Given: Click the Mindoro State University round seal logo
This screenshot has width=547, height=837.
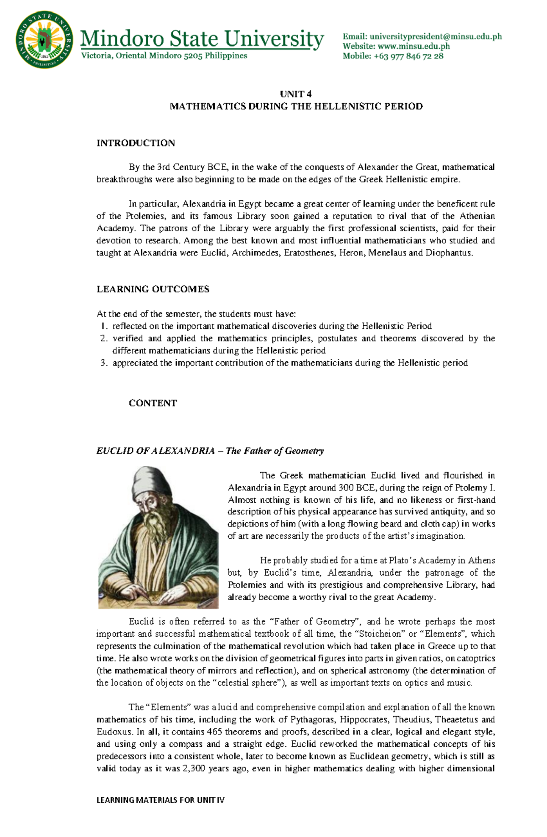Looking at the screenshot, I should pyautogui.click(x=44, y=40).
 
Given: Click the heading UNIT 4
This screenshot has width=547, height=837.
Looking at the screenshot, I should pyautogui.click(x=296, y=94).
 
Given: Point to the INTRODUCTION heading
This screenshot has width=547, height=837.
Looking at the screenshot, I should pyautogui.click(x=135, y=143).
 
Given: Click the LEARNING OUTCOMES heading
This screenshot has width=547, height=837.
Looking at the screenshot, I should pyautogui.click(x=153, y=289).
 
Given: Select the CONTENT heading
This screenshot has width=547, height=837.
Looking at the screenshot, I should pyautogui.click(x=153, y=403).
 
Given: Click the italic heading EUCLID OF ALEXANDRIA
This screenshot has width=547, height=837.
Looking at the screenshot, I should pyautogui.click(x=155, y=451).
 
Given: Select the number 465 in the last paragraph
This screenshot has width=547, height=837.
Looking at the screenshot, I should pyautogui.click(x=214, y=732).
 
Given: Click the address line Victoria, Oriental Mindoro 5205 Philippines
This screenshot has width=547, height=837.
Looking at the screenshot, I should pyautogui.click(x=164, y=56).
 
